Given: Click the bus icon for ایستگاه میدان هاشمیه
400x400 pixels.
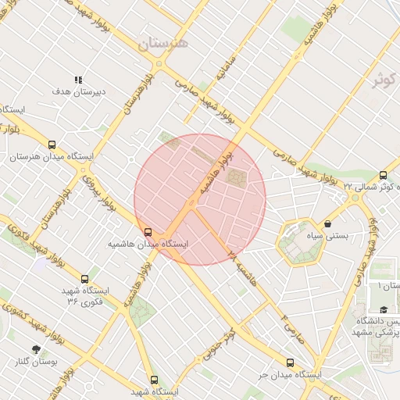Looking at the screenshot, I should click(148, 231).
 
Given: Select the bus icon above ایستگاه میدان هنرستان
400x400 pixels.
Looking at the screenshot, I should click(52, 145).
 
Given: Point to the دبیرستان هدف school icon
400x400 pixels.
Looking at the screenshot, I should click(77, 80).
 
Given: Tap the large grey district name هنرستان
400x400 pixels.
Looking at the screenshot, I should click(163, 44).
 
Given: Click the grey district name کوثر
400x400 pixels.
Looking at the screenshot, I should click(385, 80).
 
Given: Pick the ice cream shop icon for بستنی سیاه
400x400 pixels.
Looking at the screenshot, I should click(327, 223).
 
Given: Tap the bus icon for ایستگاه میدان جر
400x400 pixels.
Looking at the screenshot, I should click(291, 362).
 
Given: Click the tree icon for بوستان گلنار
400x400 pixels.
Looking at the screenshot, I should click(36, 348).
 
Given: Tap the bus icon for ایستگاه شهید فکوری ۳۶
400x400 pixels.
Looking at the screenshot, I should click(84, 278).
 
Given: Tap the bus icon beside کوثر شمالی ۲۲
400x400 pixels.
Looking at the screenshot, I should click(383, 175).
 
